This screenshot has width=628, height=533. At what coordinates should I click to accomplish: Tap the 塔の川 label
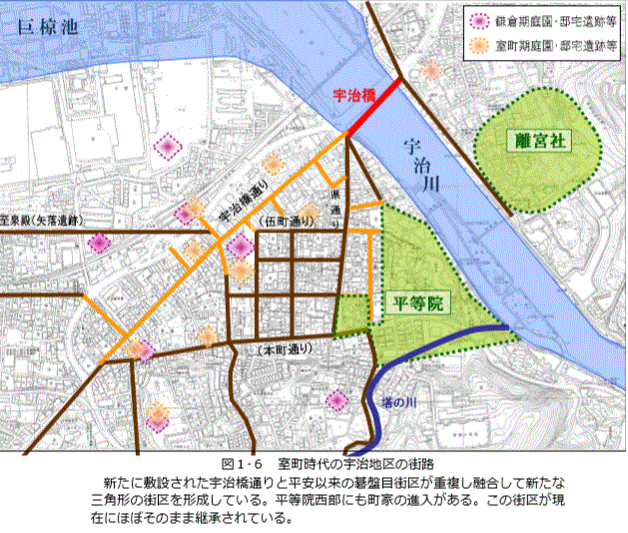tap(397, 402)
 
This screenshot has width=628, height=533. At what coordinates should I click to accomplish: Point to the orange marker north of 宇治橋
tap(430, 69)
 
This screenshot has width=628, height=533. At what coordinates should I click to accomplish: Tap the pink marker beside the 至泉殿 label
tap(99, 243)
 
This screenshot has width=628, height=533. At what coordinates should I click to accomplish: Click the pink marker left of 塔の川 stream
tap(335, 401)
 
